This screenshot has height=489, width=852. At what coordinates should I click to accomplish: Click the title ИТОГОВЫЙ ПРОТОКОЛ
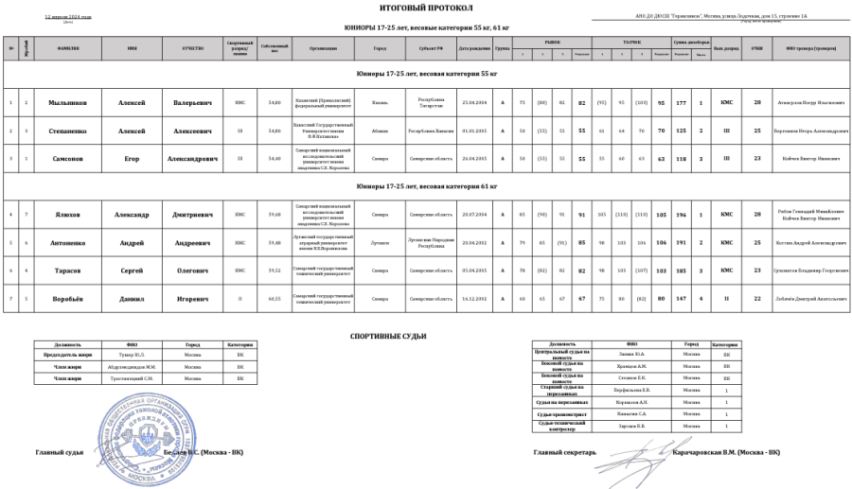click(426, 8)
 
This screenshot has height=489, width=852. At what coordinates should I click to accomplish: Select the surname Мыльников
click(70, 102)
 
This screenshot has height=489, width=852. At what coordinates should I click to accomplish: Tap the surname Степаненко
click(70, 131)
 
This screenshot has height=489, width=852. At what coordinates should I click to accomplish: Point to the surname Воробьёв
click(70, 299)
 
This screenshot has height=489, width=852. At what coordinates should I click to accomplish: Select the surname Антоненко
click(70, 243)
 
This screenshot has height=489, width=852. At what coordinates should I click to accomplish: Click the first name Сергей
click(133, 271)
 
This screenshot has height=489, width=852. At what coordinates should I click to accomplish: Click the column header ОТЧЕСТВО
click(191, 48)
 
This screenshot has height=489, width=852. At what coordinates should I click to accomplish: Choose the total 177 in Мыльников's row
click(680, 102)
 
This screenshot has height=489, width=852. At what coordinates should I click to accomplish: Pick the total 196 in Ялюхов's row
click(680, 215)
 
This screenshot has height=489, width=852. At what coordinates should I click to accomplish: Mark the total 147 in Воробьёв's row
click(680, 299)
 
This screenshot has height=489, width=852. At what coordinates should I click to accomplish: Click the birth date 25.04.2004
click(472, 102)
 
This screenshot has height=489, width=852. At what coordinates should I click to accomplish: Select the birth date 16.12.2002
click(472, 299)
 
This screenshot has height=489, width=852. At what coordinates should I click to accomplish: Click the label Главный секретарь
click(564, 452)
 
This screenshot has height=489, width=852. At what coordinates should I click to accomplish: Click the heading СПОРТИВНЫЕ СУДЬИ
click(388, 336)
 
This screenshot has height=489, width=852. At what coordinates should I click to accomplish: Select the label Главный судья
click(60, 452)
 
